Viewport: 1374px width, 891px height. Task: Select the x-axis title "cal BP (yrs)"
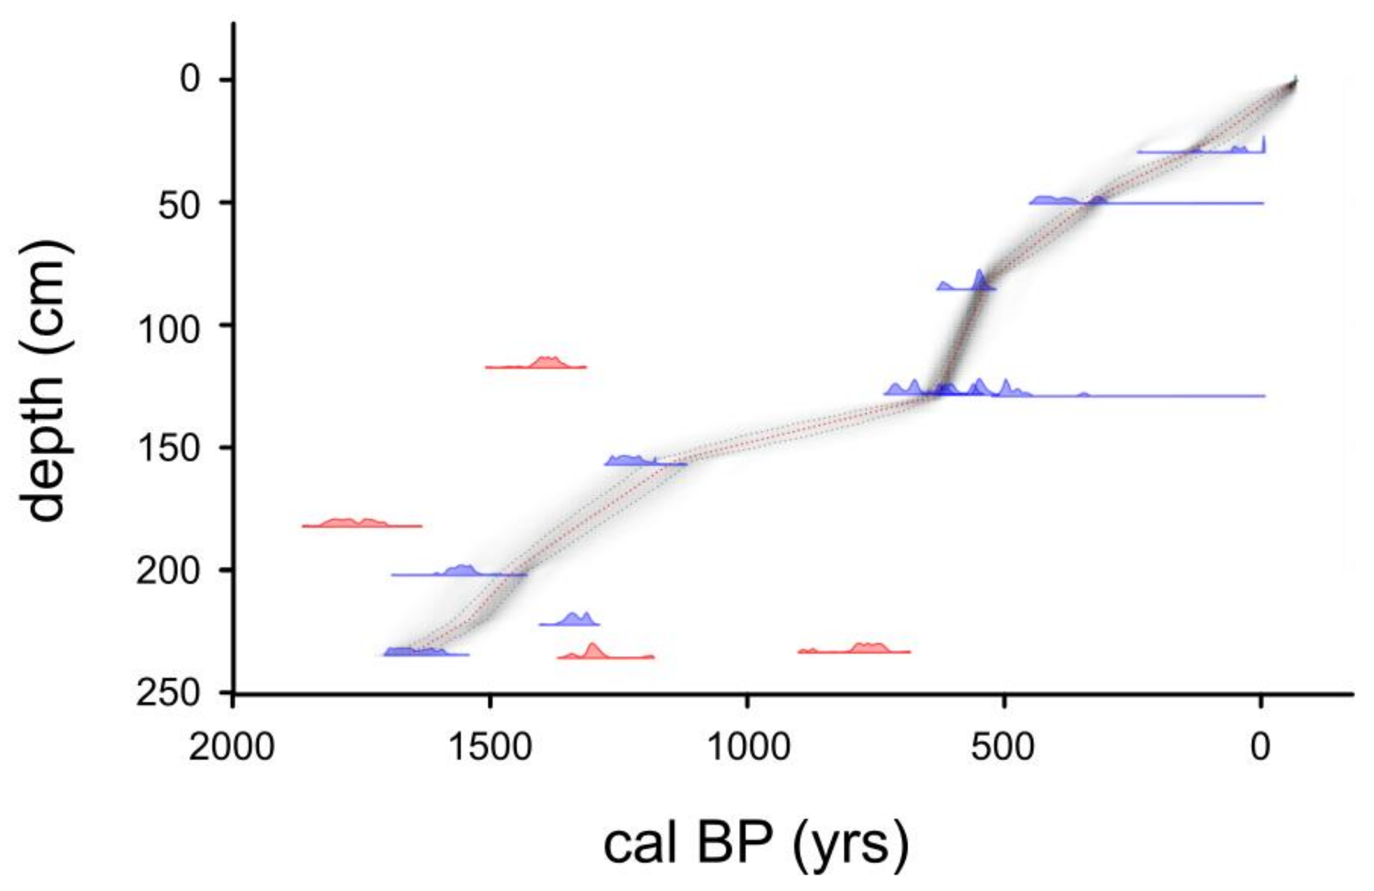pos(756,843)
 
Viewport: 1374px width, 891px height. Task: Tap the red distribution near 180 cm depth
pos(352,523)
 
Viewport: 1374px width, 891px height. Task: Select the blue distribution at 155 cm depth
pos(632,460)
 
